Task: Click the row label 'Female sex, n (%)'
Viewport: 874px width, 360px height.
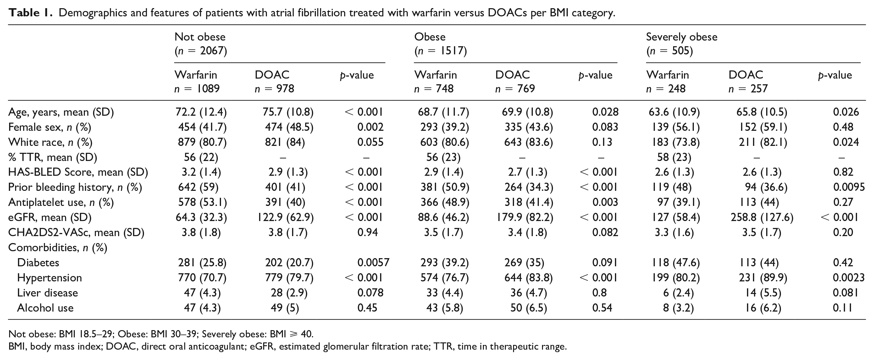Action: click(50, 127)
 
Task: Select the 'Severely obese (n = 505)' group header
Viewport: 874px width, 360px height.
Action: click(681, 44)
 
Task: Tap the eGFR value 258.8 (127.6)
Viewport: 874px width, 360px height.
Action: click(762, 218)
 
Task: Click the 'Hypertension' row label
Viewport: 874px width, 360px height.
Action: click(50, 278)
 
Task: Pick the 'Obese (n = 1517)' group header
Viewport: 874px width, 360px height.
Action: click(440, 44)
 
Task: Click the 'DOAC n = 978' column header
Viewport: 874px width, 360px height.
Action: click(274, 82)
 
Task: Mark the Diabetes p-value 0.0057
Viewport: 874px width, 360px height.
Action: click(373, 263)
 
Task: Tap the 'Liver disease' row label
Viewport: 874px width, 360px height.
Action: click(47, 293)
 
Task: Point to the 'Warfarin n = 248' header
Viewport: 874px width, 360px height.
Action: click(667, 82)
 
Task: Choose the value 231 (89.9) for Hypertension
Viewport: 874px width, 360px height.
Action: click(763, 278)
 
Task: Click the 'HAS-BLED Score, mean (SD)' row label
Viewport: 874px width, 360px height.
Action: click(78, 172)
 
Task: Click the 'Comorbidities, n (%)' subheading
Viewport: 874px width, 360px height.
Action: click(58, 248)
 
